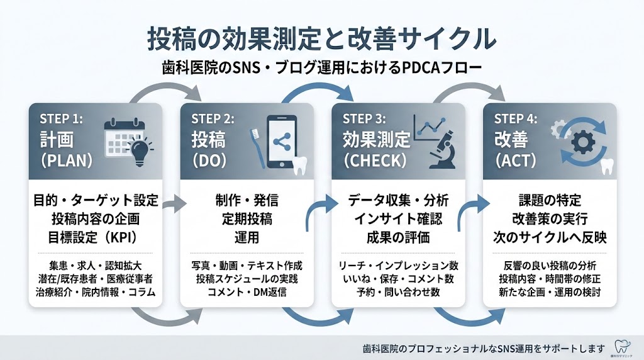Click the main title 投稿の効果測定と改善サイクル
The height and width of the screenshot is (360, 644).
tap(321, 38)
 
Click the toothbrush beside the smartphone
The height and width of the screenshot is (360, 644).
tap(257, 143)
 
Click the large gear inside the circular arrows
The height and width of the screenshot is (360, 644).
tap(584, 142)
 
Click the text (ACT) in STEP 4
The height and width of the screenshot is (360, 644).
tap(516, 160)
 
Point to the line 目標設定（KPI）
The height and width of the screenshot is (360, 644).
tap(95, 237)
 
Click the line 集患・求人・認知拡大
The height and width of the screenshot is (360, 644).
tap(95, 264)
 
